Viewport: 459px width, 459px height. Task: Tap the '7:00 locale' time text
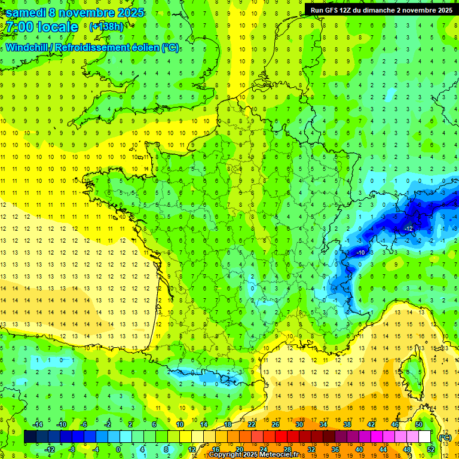tap(42, 27)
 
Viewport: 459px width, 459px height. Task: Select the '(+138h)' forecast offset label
tap(106, 26)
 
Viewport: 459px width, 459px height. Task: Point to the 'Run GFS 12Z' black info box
tap(380, 10)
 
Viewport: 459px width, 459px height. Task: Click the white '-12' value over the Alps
tap(409, 229)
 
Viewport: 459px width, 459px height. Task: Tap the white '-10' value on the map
tap(360, 253)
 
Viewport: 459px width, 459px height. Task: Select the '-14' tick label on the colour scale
tap(37, 424)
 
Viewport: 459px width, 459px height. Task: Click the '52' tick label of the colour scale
tap(430, 449)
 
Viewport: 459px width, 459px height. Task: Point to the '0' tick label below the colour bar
tap(118, 449)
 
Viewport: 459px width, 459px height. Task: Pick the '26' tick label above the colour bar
tap(276, 424)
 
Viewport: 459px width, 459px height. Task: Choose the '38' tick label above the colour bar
tap(347, 424)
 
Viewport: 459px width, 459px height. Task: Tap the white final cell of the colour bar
tap(424, 437)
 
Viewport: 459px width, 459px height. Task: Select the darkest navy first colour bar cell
tap(30, 437)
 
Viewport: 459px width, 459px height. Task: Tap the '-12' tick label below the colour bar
tap(49, 449)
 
